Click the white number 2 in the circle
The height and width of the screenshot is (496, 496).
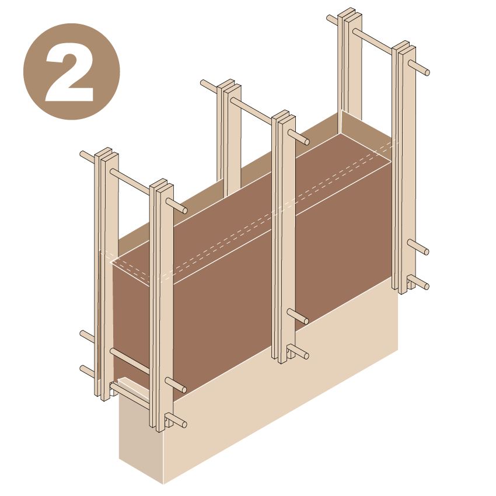(x=71, y=72)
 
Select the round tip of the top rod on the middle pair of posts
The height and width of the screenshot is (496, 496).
(x=306, y=141)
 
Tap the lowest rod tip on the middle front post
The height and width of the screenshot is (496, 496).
(x=306, y=355)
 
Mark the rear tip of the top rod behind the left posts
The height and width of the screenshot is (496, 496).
(x=83, y=155)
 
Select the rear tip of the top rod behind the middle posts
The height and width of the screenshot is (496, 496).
(x=204, y=83)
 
